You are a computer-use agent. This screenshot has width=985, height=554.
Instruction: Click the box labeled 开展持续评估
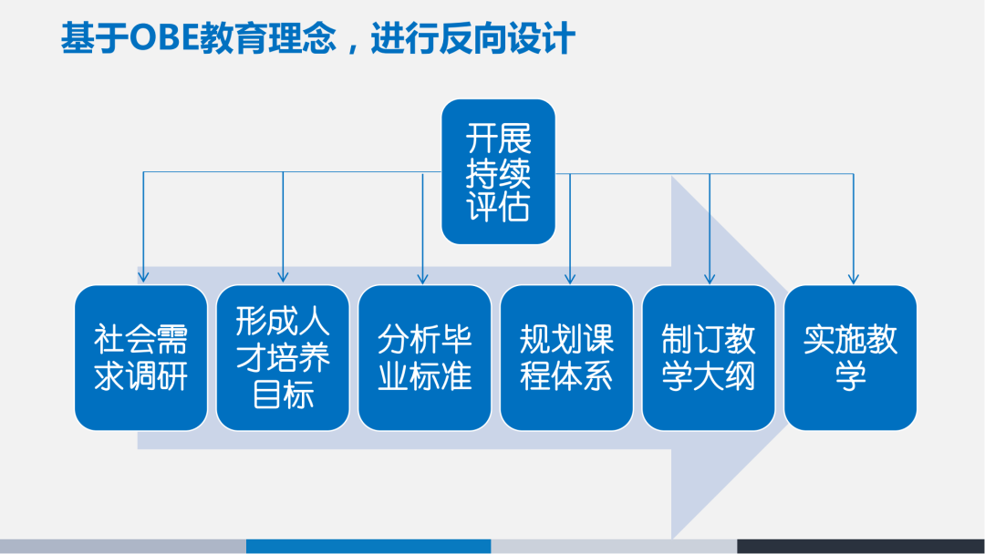[498, 172]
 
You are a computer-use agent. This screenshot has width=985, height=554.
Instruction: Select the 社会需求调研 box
[140, 357]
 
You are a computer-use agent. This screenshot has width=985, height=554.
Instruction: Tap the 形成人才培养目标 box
[283, 357]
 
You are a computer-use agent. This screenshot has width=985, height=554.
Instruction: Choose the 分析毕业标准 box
[424, 357]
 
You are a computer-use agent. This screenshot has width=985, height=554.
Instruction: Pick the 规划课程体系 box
[566, 357]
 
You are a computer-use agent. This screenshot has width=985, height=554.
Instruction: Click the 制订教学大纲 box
[709, 357]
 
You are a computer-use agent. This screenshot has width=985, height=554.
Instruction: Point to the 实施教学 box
[850, 357]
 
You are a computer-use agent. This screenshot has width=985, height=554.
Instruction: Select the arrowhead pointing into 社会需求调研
[142, 276]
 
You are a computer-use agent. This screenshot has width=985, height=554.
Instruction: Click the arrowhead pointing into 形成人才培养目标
[283, 276]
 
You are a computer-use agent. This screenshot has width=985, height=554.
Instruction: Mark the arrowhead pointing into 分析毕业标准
[423, 276]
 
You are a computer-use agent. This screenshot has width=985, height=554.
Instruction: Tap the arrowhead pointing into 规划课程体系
[570, 276]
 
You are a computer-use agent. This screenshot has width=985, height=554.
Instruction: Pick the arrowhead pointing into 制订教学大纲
[710, 276]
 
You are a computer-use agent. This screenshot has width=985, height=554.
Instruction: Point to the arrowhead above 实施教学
[853, 276]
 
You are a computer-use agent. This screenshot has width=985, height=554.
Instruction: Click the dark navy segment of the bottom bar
[861, 547]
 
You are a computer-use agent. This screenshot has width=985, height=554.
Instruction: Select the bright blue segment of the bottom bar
[368, 547]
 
